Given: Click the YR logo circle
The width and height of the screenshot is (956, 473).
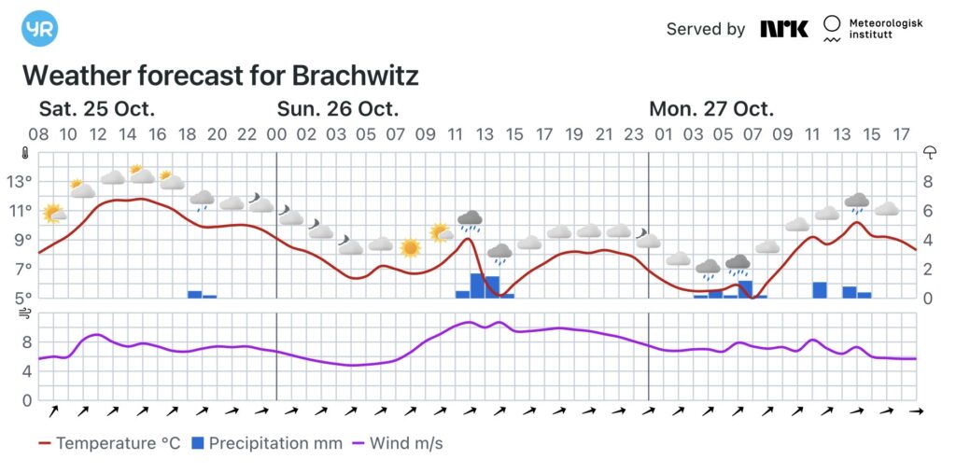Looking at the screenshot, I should pyautogui.click(x=39, y=29).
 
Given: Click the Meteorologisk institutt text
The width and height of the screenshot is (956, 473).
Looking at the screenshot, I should pyautogui.click(x=884, y=29).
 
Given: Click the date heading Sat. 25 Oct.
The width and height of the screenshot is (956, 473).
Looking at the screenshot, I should pyautogui.click(x=97, y=108).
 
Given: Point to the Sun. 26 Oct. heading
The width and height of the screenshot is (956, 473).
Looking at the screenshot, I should pyautogui.click(x=338, y=108).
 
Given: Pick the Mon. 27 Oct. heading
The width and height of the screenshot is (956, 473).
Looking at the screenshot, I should pyautogui.click(x=711, y=108).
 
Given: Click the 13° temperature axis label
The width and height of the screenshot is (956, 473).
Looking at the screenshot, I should pyautogui.click(x=21, y=182).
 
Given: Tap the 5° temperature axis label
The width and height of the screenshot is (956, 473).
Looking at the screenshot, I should pyautogui.click(x=21, y=299).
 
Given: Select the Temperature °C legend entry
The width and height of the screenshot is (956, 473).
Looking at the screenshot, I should pyautogui.click(x=110, y=443).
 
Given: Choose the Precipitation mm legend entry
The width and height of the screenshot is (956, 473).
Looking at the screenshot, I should pyautogui.click(x=267, y=443).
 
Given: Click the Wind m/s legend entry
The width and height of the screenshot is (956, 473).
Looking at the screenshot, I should pyautogui.click(x=397, y=443).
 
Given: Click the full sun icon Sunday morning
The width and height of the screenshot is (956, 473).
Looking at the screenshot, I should pyautogui.click(x=410, y=247).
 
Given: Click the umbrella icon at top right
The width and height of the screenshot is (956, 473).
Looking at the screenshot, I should pyautogui.click(x=930, y=153).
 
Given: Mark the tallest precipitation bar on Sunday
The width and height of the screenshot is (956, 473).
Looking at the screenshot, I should pyautogui.click(x=477, y=285).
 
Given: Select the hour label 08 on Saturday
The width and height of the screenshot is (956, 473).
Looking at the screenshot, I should pyautogui.click(x=38, y=135).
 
